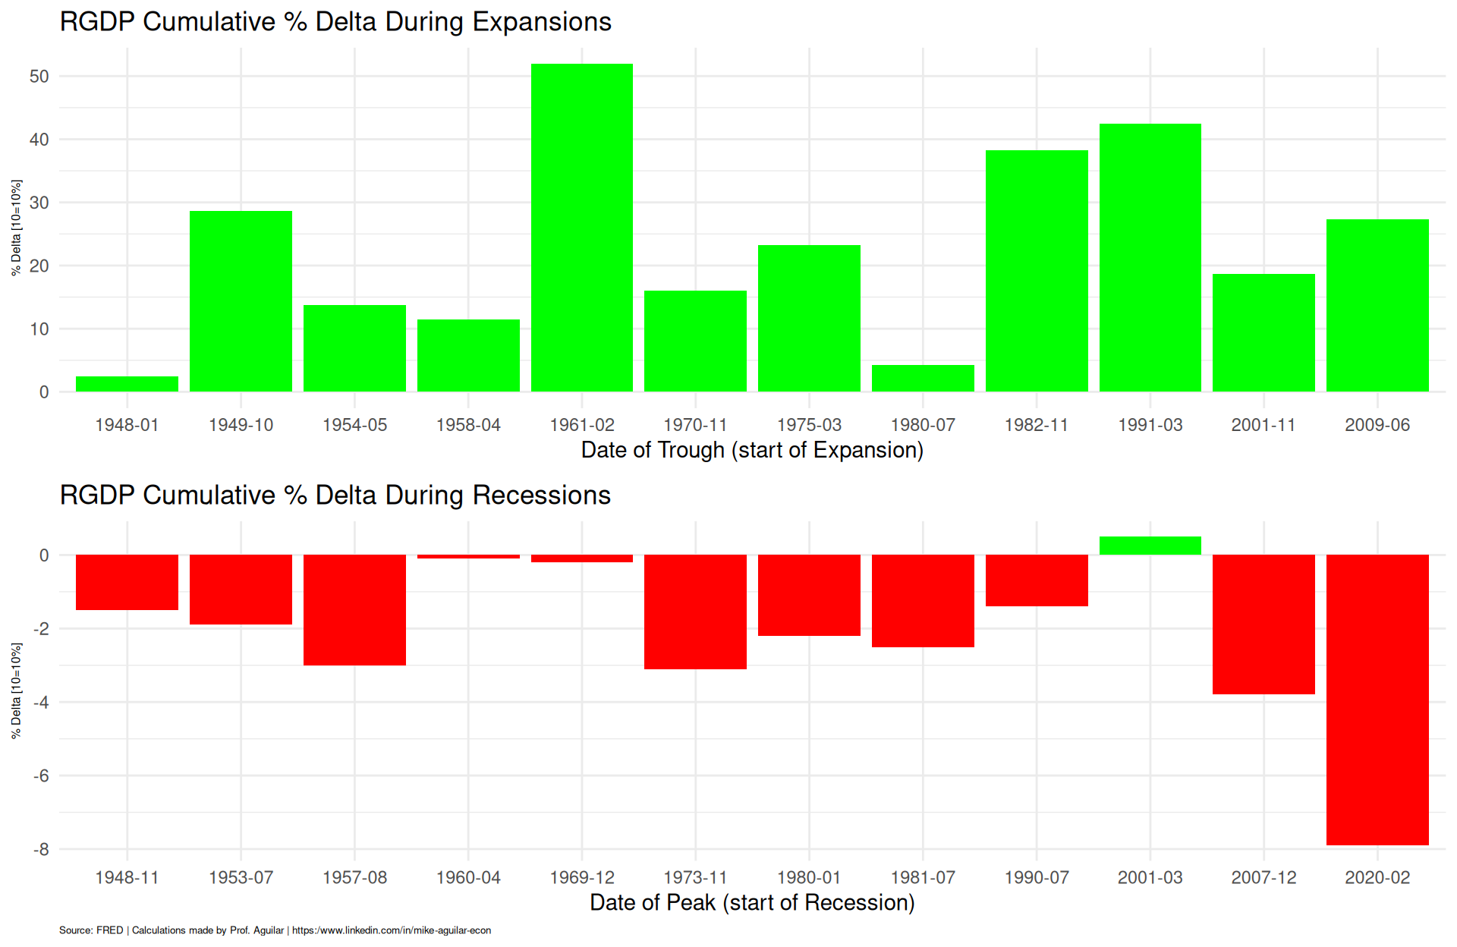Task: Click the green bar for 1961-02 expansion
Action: (581, 228)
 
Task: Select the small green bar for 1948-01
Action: (127, 384)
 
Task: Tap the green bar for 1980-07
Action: (923, 379)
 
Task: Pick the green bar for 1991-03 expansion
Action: (1150, 258)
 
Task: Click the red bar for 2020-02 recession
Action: (1377, 698)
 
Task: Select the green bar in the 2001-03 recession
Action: (1150, 546)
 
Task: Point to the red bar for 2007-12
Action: (1263, 624)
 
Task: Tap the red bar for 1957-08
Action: (354, 609)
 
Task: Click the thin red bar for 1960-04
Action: (468, 556)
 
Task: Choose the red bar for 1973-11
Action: (695, 612)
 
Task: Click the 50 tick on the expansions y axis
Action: (39, 77)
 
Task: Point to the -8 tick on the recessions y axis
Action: (41, 850)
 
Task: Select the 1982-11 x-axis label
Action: (1036, 425)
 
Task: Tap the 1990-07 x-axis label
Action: (1036, 878)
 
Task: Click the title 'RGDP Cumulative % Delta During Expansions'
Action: (335, 22)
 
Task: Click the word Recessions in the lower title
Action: (541, 496)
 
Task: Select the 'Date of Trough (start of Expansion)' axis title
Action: (752, 450)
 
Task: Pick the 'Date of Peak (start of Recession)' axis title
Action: (752, 903)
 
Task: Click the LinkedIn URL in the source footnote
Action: (392, 930)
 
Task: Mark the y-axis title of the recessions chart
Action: (17, 691)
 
